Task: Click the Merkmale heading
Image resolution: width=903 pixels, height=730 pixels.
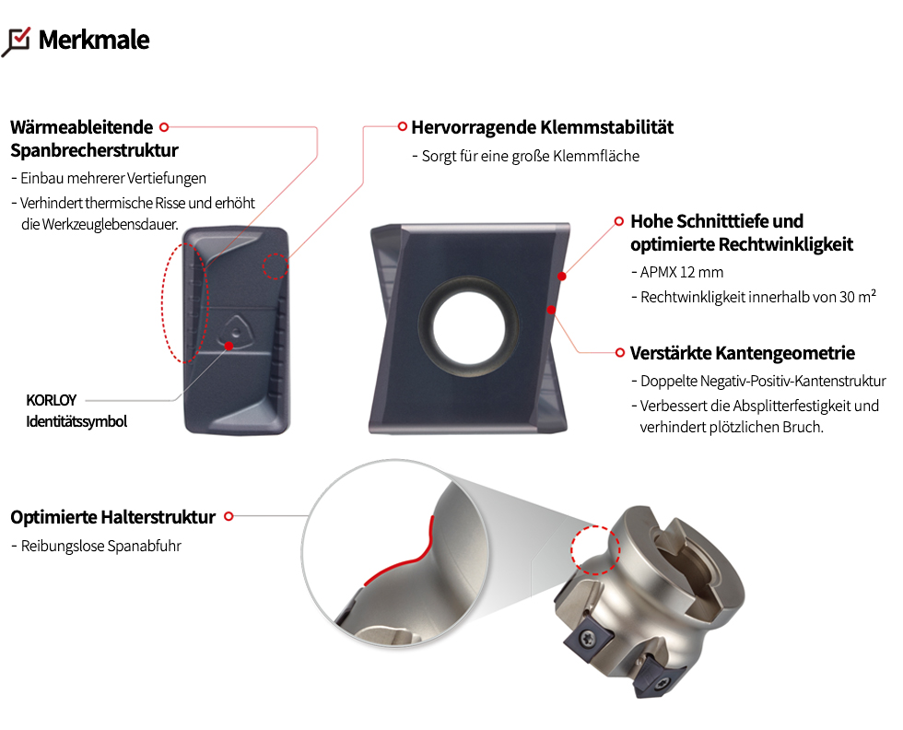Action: tap(94, 40)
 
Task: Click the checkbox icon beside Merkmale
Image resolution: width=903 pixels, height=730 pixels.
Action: tap(17, 42)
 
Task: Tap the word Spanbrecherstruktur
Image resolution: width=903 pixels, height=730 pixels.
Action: tap(94, 150)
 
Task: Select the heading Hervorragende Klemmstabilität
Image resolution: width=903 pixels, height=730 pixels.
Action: tap(543, 127)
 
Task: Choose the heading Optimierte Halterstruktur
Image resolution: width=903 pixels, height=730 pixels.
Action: tap(112, 517)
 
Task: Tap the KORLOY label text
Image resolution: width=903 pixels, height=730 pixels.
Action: tap(52, 400)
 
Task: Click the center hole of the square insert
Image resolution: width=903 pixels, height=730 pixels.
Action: tap(469, 329)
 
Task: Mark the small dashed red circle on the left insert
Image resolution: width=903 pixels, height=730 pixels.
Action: tap(276, 266)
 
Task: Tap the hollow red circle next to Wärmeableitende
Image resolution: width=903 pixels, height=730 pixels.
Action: tap(164, 127)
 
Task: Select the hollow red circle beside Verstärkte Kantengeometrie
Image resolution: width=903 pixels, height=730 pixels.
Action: tap(619, 353)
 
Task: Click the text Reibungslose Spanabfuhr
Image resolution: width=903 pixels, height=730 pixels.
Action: tap(101, 547)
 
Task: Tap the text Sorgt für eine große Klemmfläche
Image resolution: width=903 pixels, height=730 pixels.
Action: tap(531, 156)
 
